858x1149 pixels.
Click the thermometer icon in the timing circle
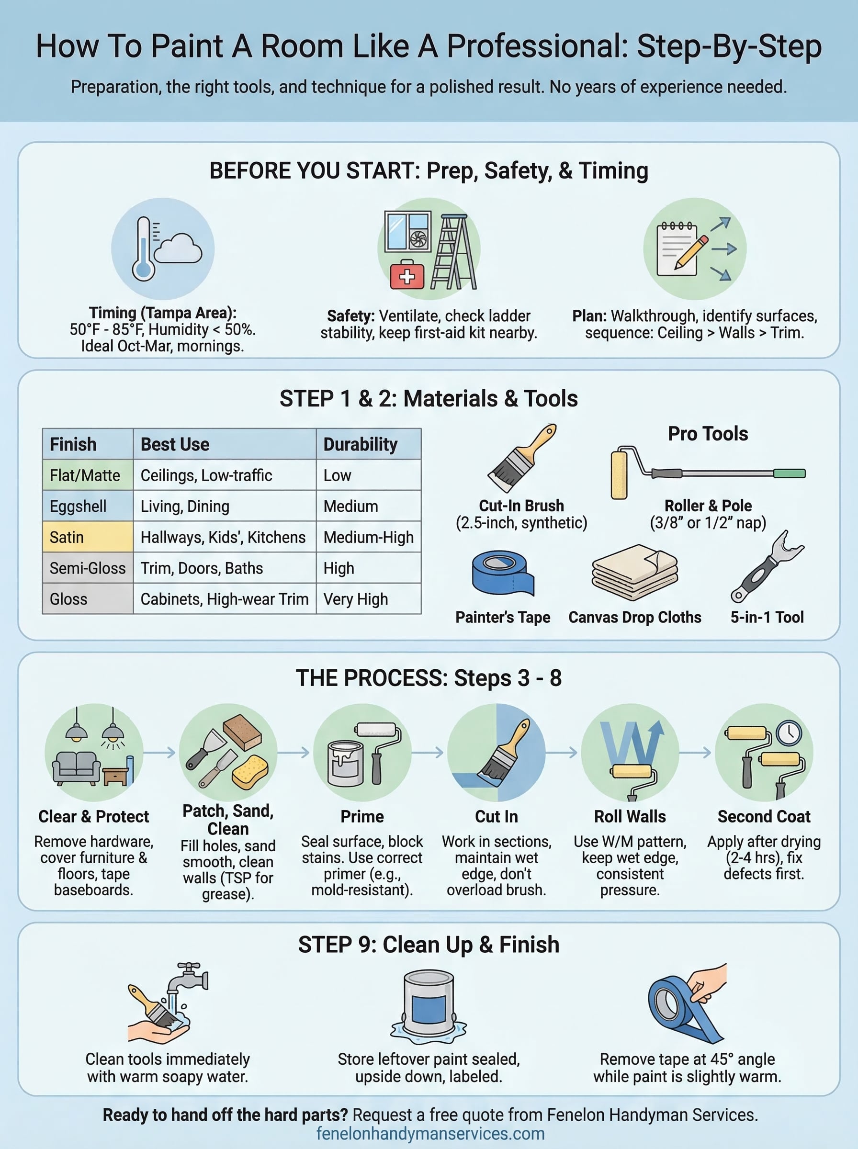point(143,249)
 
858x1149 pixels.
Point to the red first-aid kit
point(406,276)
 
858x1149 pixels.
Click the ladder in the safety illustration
point(453,252)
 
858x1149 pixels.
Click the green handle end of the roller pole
point(789,473)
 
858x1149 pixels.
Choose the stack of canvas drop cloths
point(635,572)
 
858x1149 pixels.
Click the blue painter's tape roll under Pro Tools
point(502,572)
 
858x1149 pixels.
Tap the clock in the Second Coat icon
point(789,733)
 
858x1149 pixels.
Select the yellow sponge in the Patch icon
point(250,772)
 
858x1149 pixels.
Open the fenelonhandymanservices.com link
point(430,1133)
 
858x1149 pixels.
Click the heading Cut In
point(496,817)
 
